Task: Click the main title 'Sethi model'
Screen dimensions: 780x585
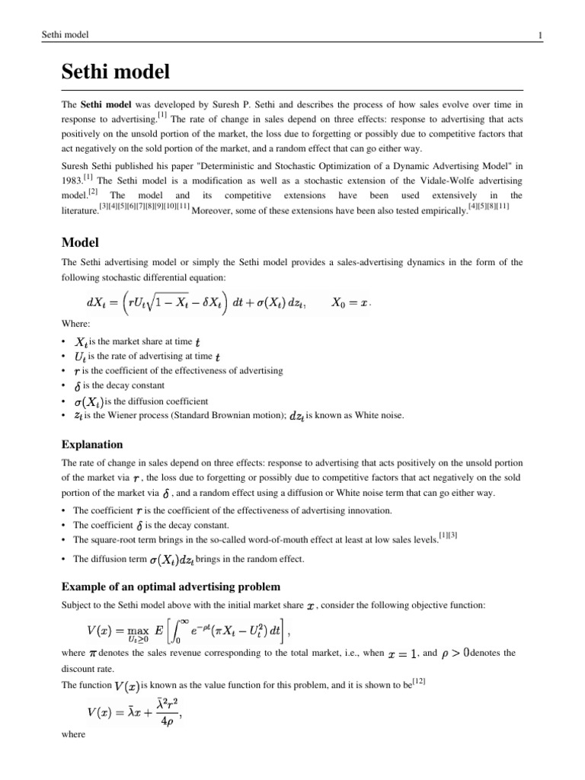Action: point(115,73)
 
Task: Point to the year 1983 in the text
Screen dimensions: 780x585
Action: point(72,181)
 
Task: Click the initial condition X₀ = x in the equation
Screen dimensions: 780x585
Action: point(350,302)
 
